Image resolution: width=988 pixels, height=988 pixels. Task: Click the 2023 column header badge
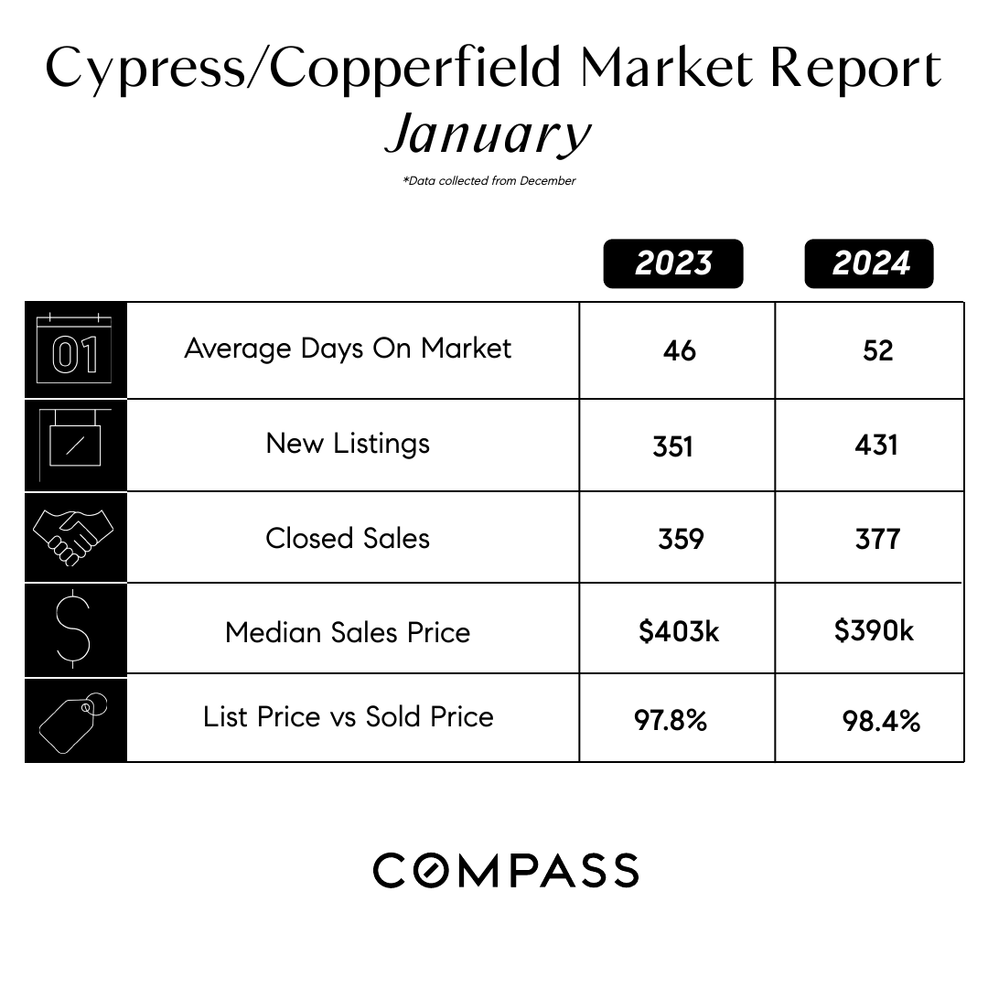tap(673, 263)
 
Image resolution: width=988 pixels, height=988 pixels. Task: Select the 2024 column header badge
tap(869, 263)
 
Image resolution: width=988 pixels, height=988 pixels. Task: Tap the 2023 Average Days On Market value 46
tap(679, 350)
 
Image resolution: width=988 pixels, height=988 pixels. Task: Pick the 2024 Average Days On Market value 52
tap(877, 350)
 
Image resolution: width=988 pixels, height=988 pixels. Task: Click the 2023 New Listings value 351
tap(673, 446)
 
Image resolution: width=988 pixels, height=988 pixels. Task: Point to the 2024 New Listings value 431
tap(875, 446)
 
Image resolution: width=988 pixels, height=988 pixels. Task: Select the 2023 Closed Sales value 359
tap(681, 539)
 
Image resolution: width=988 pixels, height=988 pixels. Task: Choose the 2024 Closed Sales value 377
tap(877, 539)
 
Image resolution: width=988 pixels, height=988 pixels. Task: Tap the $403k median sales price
tap(679, 631)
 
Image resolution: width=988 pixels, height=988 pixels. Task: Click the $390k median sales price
tap(874, 630)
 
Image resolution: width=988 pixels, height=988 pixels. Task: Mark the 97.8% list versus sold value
tap(671, 720)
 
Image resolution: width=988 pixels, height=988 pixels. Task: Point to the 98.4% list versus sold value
tap(881, 721)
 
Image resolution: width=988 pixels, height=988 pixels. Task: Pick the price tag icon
tap(73, 721)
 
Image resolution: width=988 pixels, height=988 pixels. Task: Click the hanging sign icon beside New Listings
tap(74, 444)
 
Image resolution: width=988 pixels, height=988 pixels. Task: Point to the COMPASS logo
tap(506, 870)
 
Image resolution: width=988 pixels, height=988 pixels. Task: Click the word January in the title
tap(489, 134)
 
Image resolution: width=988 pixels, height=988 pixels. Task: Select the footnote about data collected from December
tap(489, 181)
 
